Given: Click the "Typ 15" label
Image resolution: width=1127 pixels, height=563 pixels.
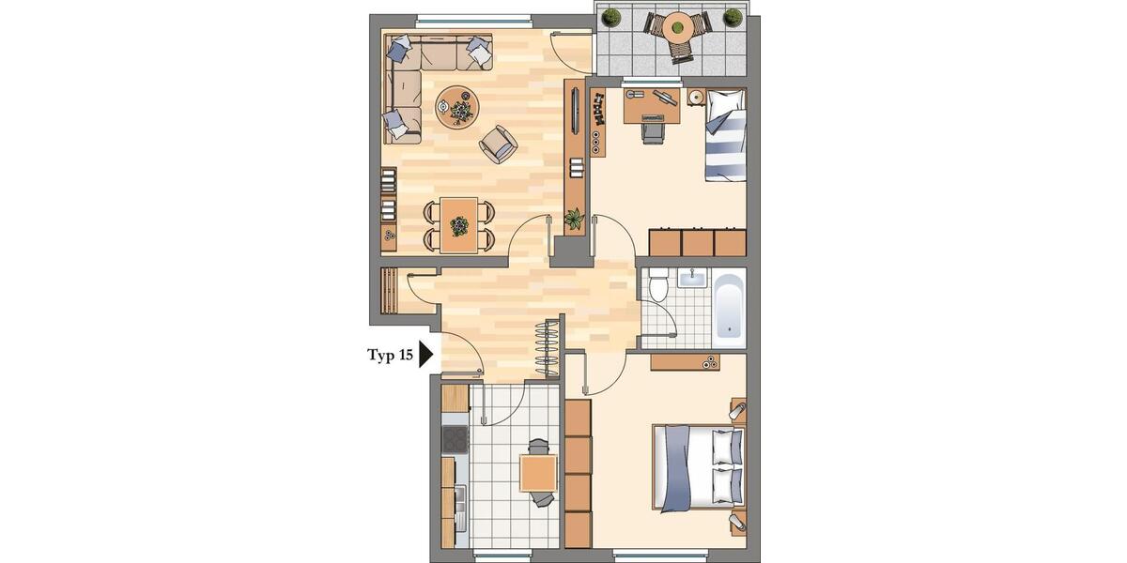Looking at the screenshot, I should [390, 355].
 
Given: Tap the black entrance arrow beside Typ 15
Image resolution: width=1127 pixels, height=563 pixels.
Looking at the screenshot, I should [425, 355].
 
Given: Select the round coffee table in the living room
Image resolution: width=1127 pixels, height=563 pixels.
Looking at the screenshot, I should [457, 105].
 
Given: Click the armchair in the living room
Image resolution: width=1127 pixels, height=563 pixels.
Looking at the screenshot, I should [498, 144].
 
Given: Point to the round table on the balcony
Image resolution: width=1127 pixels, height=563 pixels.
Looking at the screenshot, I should [676, 30].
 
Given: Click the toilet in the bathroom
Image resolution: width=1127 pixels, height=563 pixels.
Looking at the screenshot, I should [659, 283].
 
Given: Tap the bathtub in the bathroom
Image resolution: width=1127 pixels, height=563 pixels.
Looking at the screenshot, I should [730, 305].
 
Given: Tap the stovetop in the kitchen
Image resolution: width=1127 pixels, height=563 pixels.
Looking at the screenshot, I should [455, 439].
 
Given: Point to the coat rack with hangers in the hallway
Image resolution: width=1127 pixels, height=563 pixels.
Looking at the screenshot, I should [548, 346].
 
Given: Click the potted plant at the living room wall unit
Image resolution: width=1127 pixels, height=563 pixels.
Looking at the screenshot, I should [573, 220].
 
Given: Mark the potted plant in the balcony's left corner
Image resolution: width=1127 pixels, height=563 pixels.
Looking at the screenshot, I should [612, 17].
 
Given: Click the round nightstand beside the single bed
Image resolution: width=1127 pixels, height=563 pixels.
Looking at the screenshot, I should [696, 97].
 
